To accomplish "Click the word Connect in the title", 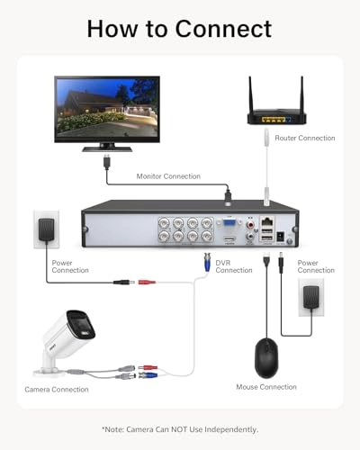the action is point(223,29).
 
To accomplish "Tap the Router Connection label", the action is point(305,138).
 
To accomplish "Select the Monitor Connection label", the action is point(168,176).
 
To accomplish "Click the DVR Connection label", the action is point(234,266).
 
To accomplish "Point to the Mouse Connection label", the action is point(266,387).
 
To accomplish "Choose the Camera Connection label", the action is point(57,390).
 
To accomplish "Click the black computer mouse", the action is point(266,358).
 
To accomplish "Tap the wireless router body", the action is point(276,119).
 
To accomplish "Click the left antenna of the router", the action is point(250,94).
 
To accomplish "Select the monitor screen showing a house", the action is point(107,108).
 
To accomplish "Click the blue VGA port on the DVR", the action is point(229,223).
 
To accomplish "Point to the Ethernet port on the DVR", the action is point(267,221).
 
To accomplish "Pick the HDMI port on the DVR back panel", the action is point(229,240).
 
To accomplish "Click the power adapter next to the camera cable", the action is point(46,229).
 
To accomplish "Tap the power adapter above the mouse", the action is point(311,298).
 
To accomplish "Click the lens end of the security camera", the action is point(81,326).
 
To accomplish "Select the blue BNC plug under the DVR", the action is point(207,262).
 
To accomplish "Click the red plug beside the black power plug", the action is point(147,282).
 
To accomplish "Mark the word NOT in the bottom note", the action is point(180,429).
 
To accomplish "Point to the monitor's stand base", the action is point(107,149).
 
